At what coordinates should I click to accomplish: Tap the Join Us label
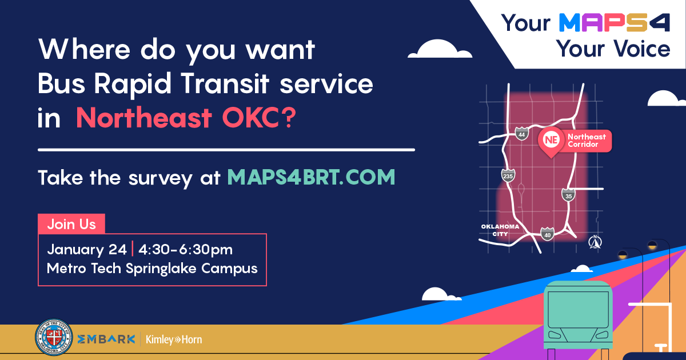pyautogui.click(x=71, y=223)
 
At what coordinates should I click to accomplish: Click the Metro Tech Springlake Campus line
pyautogui.click(x=152, y=267)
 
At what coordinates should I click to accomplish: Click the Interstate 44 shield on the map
pyautogui.click(x=521, y=134)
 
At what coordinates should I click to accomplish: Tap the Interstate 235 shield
pyautogui.click(x=507, y=175)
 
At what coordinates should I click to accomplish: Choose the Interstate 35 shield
pyautogui.click(x=568, y=195)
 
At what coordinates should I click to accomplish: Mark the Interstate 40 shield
pyautogui.click(x=548, y=233)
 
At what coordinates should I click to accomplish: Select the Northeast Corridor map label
pyautogui.click(x=587, y=141)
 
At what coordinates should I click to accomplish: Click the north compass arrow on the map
pyautogui.click(x=595, y=243)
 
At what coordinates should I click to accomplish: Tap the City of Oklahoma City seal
pyautogui.click(x=54, y=339)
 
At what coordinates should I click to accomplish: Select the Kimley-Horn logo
pyautogui.click(x=174, y=339)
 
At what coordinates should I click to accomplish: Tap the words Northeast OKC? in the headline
pyautogui.click(x=186, y=118)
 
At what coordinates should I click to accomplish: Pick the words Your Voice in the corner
pyautogui.click(x=614, y=49)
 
